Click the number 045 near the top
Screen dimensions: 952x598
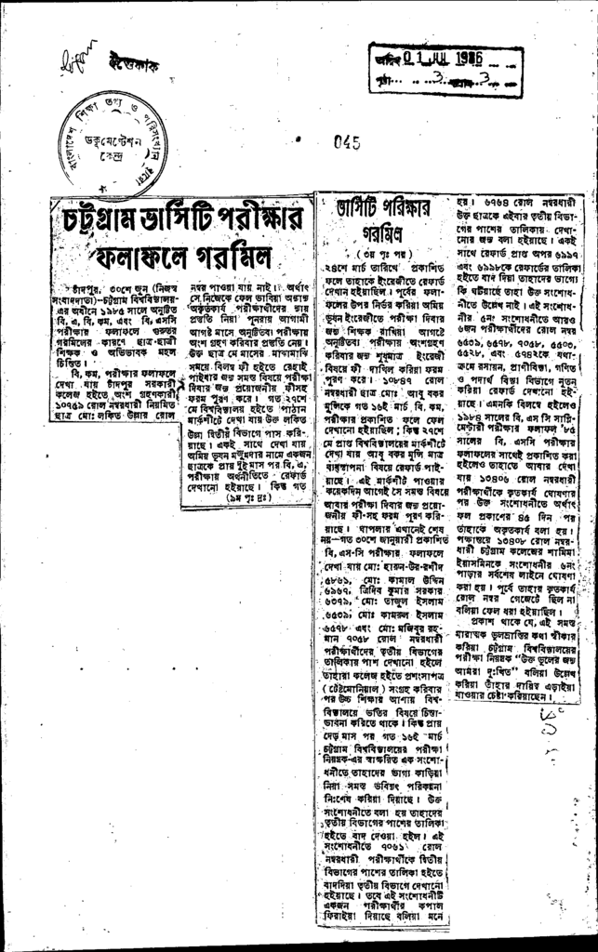tap(346, 143)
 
